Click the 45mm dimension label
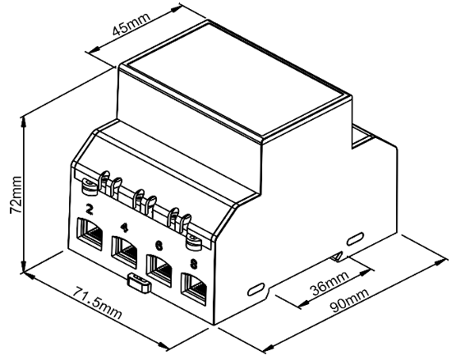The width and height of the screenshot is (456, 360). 131,23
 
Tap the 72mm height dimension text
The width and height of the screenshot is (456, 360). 16,195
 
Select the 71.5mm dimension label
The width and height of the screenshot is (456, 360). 97,302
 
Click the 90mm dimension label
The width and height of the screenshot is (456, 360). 350,300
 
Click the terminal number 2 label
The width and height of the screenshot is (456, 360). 90,210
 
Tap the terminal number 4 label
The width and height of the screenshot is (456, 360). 124,228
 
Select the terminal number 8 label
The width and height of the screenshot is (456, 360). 193,264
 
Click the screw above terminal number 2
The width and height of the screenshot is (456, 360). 89,186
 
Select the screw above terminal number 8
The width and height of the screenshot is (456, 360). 193,242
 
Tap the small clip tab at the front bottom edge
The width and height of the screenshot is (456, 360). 139,282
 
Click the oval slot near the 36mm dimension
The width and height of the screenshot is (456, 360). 256,289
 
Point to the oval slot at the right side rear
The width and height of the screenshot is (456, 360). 356,238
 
